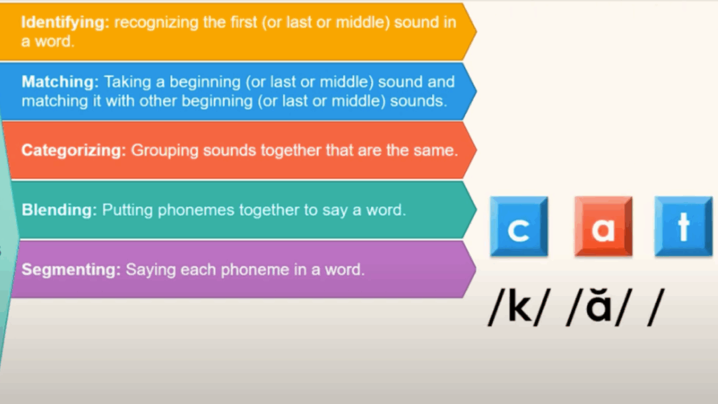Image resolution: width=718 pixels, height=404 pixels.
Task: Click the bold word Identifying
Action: [x=64, y=22]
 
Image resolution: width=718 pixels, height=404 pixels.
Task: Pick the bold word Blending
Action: [x=59, y=210]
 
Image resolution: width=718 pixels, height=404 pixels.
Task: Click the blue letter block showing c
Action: [x=519, y=227]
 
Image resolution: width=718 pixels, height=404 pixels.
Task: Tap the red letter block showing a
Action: [x=603, y=227]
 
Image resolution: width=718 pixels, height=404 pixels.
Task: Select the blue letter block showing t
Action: [x=684, y=227]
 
